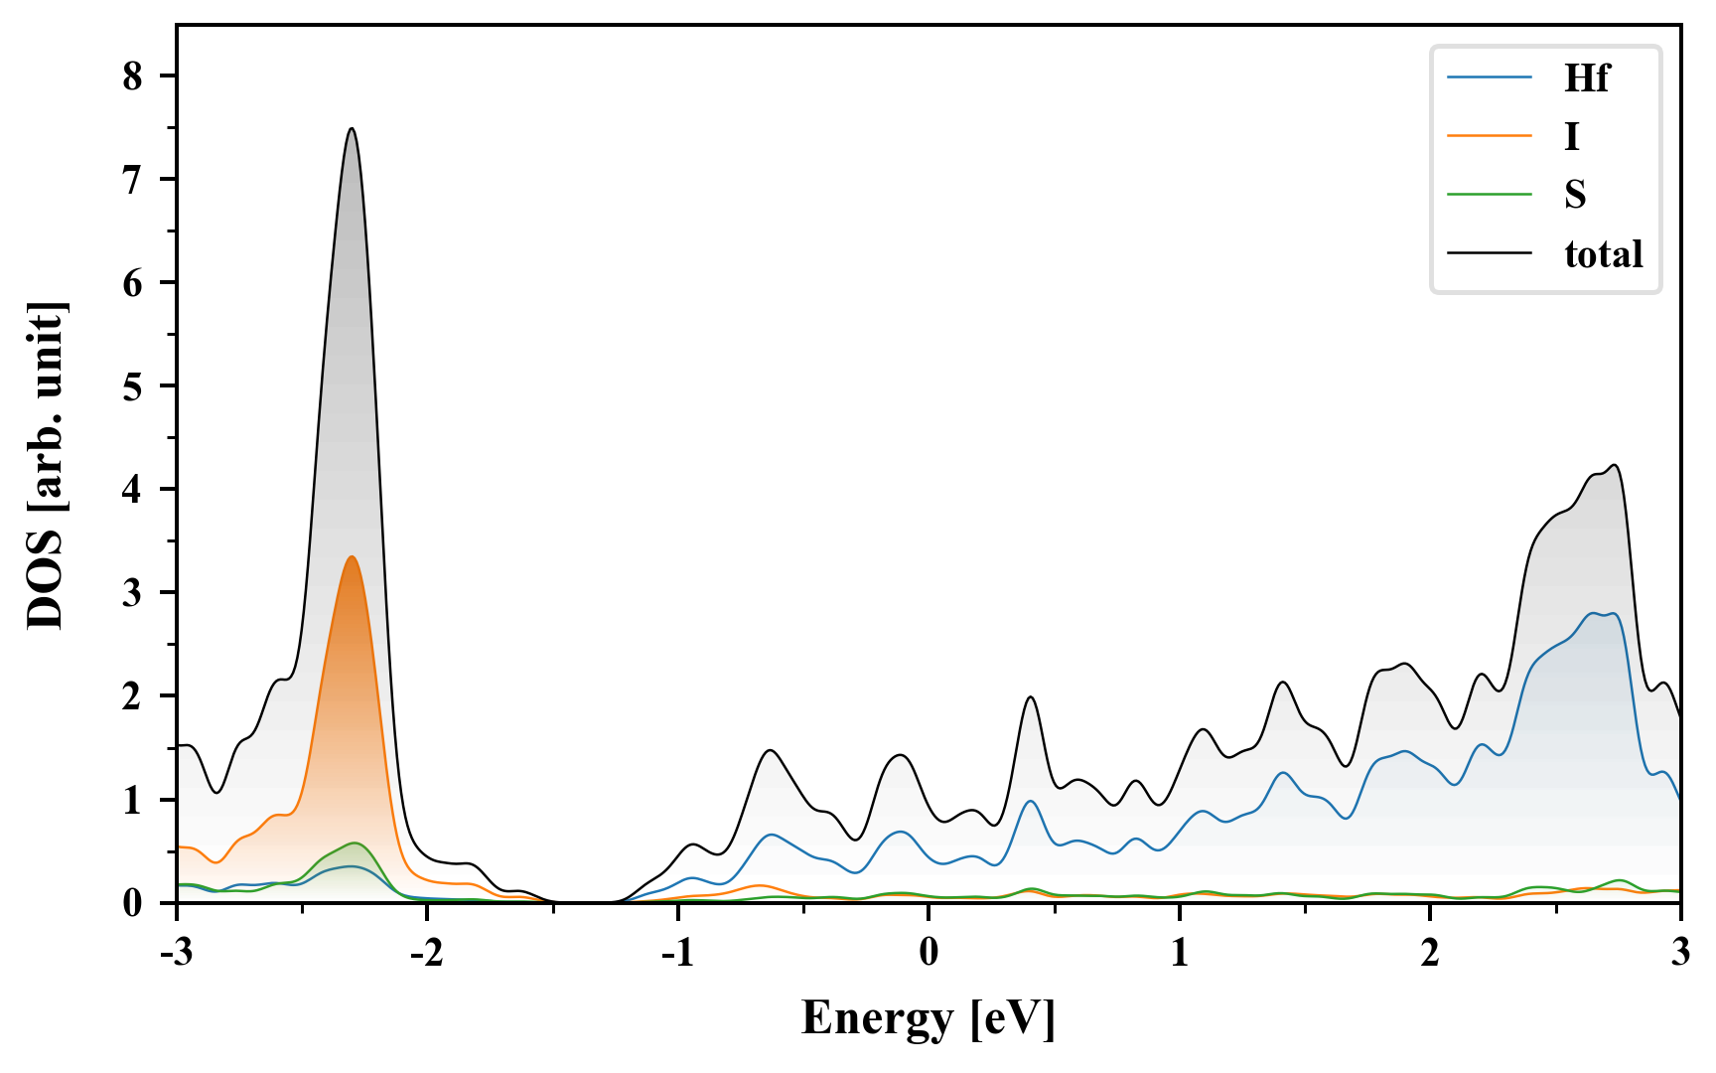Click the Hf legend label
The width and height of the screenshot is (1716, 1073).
pyautogui.click(x=1586, y=77)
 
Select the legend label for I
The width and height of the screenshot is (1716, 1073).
pyautogui.click(x=1571, y=136)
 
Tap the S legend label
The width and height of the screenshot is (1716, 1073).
pyautogui.click(x=1575, y=195)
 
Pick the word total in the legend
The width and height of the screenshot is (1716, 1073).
pyautogui.click(x=1603, y=254)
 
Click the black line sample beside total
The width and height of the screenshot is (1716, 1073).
pyautogui.click(x=1489, y=253)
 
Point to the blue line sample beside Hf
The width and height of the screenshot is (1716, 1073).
pyautogui.click(x=1489, y=77)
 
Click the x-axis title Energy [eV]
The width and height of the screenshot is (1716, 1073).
pyautogui.click(x=929, y=1017)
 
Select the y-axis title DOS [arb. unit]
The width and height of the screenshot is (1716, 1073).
pyautogui.click(x=46, y=465)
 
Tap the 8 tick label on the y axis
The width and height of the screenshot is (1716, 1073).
pyautogui.click(x=133, y=77)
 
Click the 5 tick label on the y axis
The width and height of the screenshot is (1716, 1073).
pyautogui.click(x=133, y=386)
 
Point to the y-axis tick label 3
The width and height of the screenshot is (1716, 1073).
pyautogui.click(x=133, y=593)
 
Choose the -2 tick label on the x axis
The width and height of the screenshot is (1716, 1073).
pyautogui.click(x=427, y=952)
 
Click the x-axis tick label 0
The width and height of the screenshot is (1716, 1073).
pyautogui.click(x=929, y=952)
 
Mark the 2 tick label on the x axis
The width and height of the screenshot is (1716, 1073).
pyautogui.click(x=1430, y=952)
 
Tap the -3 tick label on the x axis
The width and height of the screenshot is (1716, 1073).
pyautogui.click(x=177, y=952)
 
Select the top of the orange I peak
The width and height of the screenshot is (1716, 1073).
pyautogui.click(x=352, y=557)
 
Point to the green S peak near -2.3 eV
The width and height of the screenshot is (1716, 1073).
pyautogui.click(x=355, y=843)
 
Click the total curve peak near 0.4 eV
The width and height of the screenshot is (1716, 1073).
pyautogui.click(x=1031, y=697)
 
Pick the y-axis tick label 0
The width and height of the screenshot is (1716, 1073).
pyautogui.click(x=133, y=903)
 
